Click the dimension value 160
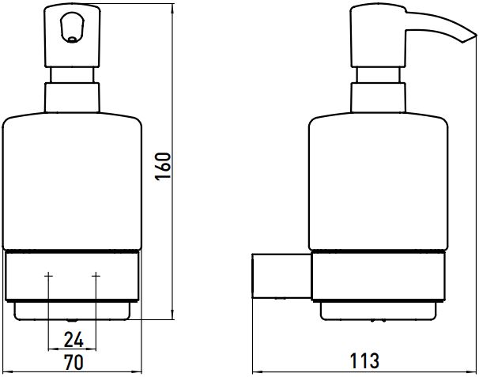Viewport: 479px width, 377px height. pyautogui.click(x=163, y=167)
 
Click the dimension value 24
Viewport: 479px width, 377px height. pyautogui.click(x=74, y=340)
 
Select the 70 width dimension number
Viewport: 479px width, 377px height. pyautogui.click(x=74, y=362)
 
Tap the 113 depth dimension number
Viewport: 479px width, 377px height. pyautogui.click(x=364, y=361)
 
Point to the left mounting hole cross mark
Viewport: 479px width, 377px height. pyautogui.click(x=48, y=276)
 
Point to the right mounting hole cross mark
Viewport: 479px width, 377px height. pyautogui.click(x=96, y=276)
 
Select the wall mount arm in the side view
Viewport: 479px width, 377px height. pyautogui.click(x=281, y=276)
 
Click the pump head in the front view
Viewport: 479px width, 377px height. pyautogui.click(x=73, y=36)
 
